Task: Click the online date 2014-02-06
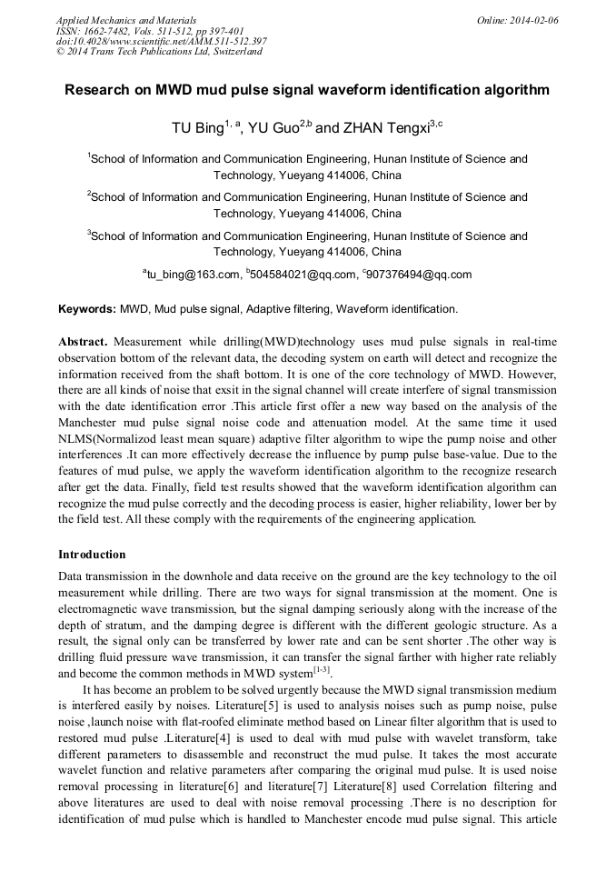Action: point(534,19)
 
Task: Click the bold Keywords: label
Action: point(87,309)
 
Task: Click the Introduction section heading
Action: point(92,554)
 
